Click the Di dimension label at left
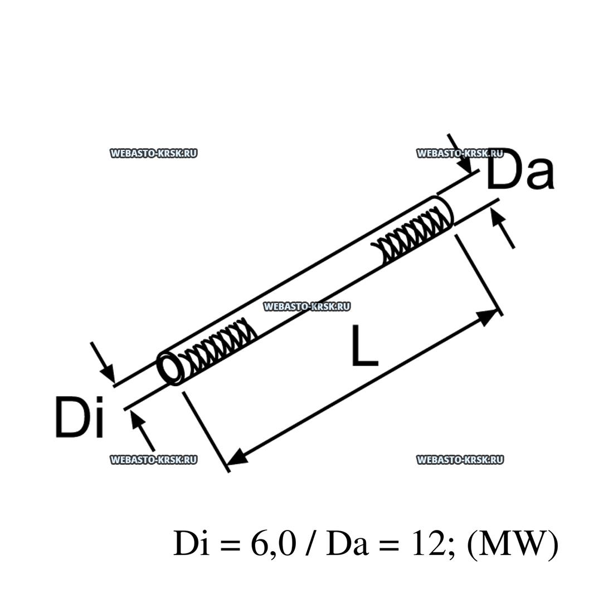[80, 416]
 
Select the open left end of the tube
[171, 367]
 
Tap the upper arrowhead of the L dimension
[488, 317]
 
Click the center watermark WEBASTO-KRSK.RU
[306, 306]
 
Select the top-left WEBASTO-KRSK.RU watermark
[154, 153]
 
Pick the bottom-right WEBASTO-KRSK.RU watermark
[460, 460]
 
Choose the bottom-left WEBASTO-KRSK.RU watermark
[154, 460]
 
